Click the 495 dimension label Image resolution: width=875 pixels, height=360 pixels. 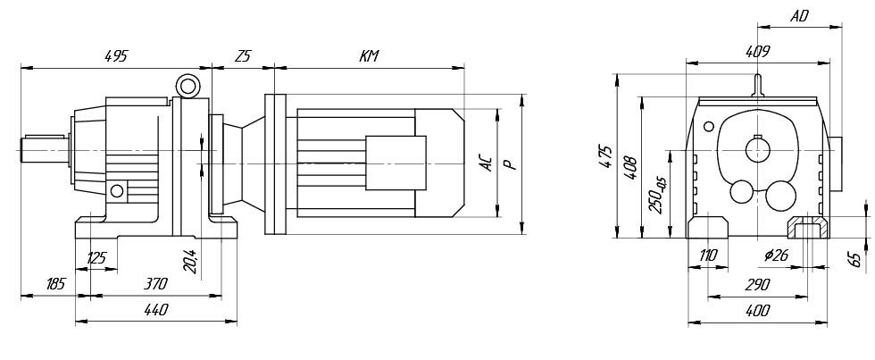tap(117, 55)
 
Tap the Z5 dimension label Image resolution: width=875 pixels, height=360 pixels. tap(243, 55)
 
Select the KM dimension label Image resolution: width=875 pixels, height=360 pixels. tap(369, 55)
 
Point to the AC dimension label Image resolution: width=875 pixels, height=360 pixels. tap(487, 163)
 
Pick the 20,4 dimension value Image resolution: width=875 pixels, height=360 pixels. tap(190, 261)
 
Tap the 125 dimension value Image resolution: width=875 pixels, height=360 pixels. tap(96, 258)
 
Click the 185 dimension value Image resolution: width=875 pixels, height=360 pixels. tap(55, 284)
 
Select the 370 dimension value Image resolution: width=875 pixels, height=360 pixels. tap(155, 284)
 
